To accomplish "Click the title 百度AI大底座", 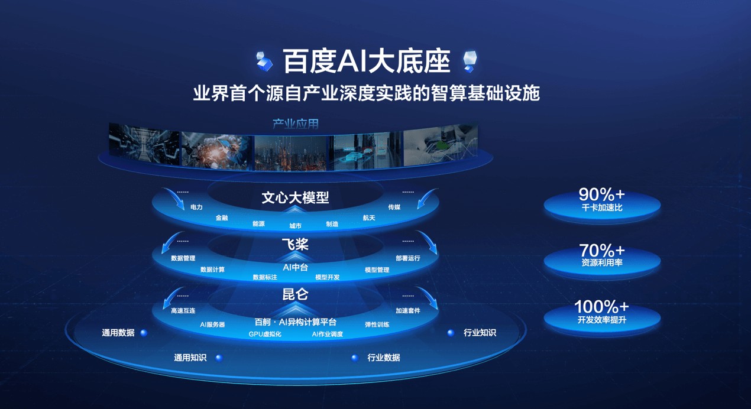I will [367, 61].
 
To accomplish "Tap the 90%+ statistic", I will [601, 194].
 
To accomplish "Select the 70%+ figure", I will [601, 251].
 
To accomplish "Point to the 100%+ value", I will [601, 307].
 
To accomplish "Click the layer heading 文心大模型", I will [295, 198].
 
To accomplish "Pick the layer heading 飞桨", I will [295, 244].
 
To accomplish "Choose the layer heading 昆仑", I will [295, 294].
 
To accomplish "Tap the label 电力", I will [196, 207].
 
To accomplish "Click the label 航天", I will [369, 218].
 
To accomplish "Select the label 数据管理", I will [183, 258].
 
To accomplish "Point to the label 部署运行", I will [408, 258].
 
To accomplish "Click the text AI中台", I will [295, 268].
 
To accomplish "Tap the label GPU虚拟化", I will [265, 335].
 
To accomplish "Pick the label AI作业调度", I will [328, 335].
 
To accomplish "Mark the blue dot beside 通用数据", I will [144, 333].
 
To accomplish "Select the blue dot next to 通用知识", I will [219, 358].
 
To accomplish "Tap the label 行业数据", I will [384, 358].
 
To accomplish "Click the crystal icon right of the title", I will [470, 61].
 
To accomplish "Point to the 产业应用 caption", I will [296, 124].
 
